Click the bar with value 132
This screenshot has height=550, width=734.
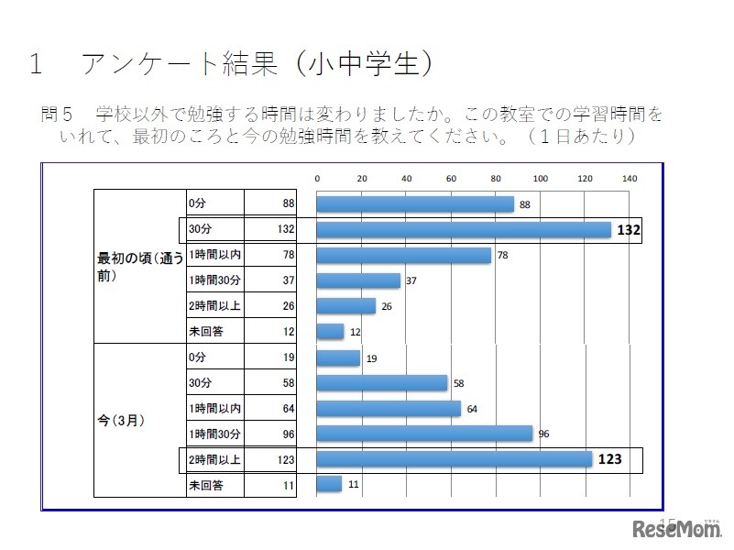coord(463,230)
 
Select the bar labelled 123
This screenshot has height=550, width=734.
coord(454,459)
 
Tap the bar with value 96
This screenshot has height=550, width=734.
coord(423,434)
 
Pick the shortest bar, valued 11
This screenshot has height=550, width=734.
coord(328,484)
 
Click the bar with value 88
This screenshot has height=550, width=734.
coord(414,204)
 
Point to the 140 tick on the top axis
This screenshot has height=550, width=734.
coord(629,178)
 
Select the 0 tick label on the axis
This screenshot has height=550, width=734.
coord(317,178)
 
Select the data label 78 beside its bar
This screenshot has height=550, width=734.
coord(502,256)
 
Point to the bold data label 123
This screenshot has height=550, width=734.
coord(609,459)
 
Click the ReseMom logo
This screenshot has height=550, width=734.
coord(679,529)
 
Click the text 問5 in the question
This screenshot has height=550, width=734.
coord(56,115)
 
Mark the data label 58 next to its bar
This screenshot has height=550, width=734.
coord(458,383)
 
